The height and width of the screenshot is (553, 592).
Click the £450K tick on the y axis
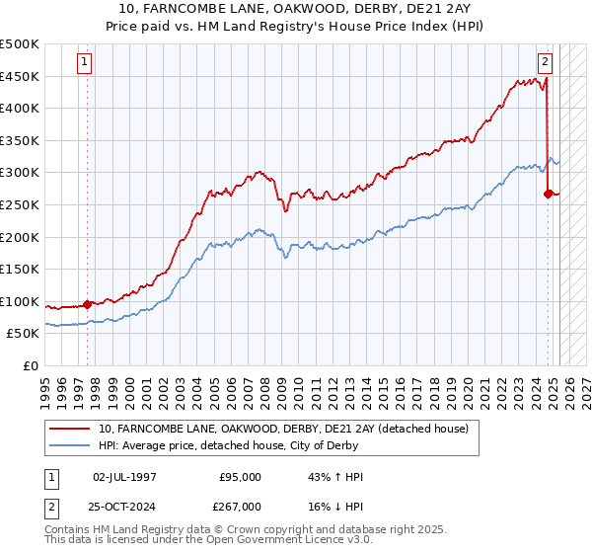point(20,76)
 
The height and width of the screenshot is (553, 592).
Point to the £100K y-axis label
point(20,301)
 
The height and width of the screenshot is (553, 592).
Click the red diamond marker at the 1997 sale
point(87,304)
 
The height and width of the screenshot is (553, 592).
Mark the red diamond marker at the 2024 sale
point(548,194)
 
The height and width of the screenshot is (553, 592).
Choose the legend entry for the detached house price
point(288,428)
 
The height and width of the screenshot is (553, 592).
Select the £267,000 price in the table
point(240,506)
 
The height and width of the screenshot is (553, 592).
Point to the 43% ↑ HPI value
point(335,477)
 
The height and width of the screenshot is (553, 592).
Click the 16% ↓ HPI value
point(335,506)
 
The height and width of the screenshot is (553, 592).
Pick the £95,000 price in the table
point(240,477)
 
